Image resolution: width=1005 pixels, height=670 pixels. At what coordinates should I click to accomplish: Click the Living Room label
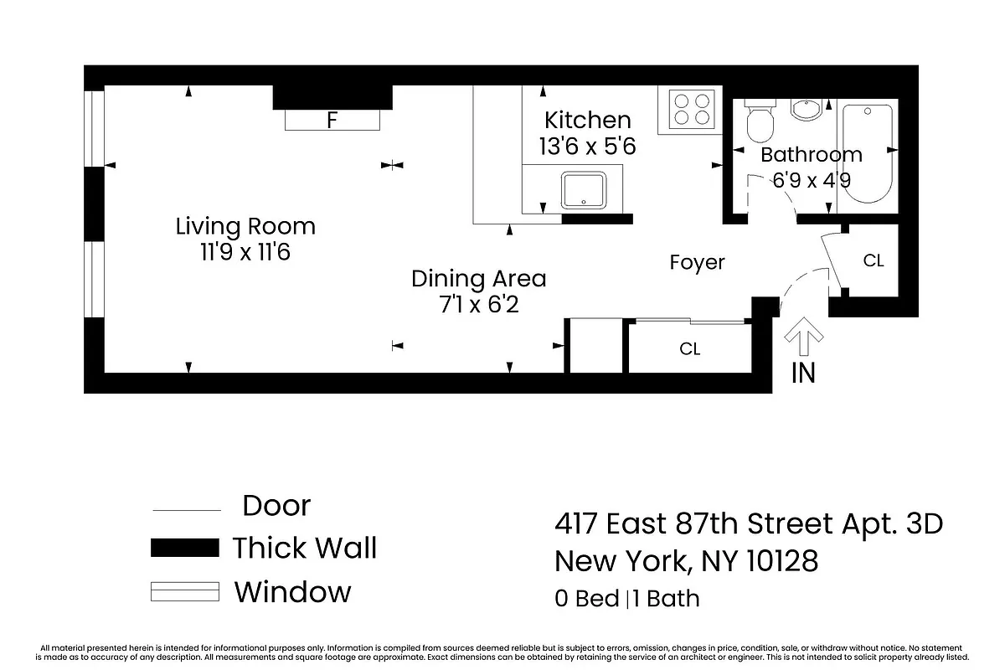(245, 226)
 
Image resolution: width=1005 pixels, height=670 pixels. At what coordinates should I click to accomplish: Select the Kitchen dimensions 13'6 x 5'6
(587, 147)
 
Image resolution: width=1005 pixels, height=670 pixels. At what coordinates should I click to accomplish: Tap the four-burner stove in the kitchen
(693, 111)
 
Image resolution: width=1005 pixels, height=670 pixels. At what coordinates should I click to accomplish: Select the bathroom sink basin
(807, 110)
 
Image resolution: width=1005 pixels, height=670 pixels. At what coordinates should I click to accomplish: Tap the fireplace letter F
(332, 121)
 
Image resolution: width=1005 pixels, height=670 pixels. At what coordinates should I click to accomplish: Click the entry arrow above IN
(803, 338)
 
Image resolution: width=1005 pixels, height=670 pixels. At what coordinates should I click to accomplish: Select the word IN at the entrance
(803, 374)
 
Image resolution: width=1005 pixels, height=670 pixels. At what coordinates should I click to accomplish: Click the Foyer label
(697, 262)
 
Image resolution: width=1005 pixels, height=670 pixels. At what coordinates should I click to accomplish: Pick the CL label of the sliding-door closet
(689, 349)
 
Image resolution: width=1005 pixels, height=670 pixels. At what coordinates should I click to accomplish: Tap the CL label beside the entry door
(874, 261)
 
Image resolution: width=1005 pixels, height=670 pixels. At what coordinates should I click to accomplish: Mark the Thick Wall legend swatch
(184, 549)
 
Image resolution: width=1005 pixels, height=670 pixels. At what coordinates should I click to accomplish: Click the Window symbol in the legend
(184, 591)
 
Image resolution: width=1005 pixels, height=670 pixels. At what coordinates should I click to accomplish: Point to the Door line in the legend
(185, 510)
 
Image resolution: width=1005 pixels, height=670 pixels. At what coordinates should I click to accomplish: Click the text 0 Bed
(585, 599)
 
